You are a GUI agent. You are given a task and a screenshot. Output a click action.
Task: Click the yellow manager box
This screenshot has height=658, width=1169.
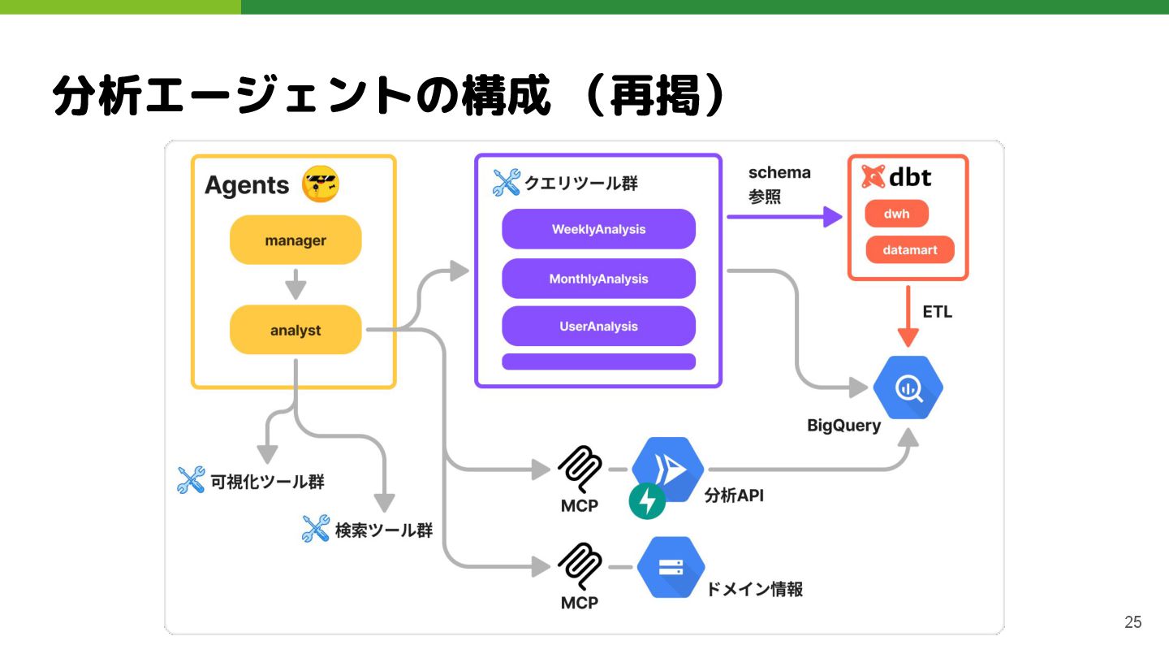[295, 240]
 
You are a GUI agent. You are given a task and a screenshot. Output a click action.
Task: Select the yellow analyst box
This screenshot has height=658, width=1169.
[295, 331]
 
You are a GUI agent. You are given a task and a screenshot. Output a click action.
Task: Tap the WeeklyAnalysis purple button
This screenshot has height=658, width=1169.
[598, 229]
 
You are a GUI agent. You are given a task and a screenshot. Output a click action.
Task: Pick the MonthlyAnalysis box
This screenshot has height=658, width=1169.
[598, 279]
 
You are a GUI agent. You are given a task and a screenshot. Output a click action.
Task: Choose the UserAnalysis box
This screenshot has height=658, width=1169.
[598, 327]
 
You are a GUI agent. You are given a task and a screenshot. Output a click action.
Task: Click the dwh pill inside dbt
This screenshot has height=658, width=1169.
[896, 214]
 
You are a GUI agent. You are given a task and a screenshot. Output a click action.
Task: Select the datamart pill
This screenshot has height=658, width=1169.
[910, 250]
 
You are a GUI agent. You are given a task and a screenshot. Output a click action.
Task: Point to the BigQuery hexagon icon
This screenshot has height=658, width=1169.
[908, 388]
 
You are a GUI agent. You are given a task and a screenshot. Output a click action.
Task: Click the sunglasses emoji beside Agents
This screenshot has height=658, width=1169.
[320, 184]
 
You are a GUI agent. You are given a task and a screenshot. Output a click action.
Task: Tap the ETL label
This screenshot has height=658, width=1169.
[937, 312]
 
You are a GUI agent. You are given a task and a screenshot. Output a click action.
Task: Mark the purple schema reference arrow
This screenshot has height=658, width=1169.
[783, 217]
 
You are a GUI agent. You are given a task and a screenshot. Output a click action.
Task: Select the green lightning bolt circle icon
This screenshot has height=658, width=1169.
[647, 501]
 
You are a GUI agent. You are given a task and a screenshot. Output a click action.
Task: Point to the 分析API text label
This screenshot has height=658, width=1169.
[734, 496]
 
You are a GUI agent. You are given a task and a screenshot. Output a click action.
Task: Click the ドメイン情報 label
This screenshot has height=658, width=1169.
[754, 590]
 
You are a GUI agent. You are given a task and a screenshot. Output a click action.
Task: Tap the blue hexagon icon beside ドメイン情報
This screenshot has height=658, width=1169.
[671, 567]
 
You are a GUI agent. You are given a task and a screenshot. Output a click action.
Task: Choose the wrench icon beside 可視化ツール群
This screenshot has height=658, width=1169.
[191, 480]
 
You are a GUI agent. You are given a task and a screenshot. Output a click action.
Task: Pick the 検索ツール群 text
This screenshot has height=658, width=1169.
[383, 531]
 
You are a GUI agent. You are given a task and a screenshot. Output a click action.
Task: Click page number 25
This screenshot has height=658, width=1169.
[1132, 622]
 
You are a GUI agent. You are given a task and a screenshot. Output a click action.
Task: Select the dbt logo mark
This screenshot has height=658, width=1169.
[874, 177]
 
